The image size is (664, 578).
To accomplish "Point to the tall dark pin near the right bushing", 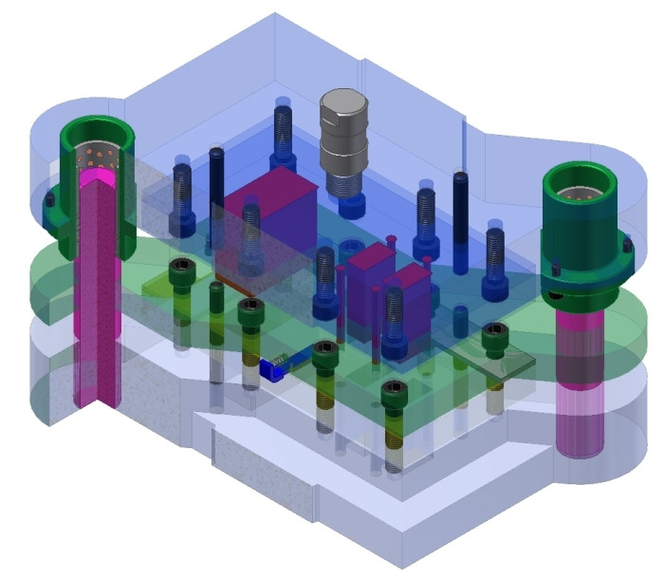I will pyautogui.click(x=460, y=218).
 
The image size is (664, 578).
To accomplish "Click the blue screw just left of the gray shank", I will pyautogui.click(x=283, y=133).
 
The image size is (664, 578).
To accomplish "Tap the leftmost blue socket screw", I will pyautogui.click(x=183, y=199).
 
